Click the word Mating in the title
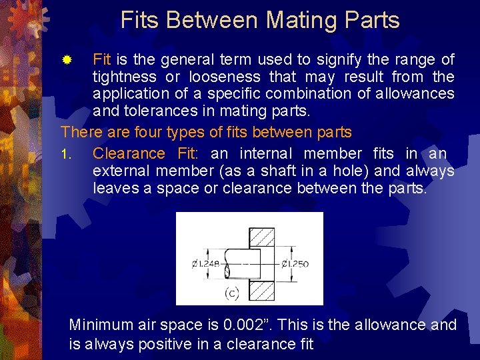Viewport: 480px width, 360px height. (x=299, y=20)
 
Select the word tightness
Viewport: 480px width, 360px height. (x=127, y=77)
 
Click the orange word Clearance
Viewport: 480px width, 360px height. (x=129, y=154)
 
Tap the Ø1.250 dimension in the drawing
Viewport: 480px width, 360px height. (x=295, y=264)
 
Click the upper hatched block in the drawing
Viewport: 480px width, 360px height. (x=261, y=238)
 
